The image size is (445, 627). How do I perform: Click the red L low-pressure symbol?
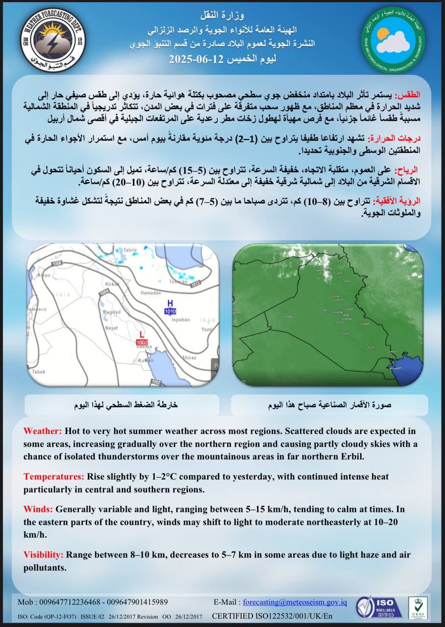(142, 335)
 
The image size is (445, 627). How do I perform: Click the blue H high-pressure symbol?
(170, 303)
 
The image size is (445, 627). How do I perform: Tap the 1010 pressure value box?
(170, 312)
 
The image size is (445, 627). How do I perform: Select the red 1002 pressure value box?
(142, 342)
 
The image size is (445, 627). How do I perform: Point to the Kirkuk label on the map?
(112, 284)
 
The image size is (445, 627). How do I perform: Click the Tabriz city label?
(129, 250)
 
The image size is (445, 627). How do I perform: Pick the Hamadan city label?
(150, 292)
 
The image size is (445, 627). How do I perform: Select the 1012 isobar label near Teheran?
(196, 283)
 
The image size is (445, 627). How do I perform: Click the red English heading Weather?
(43, 431)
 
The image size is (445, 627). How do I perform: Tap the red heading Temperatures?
(54, 476)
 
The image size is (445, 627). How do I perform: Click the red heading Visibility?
(43, 555)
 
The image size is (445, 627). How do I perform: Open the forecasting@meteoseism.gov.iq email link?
(295, 602)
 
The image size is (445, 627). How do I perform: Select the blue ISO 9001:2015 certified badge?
(379, 607)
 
